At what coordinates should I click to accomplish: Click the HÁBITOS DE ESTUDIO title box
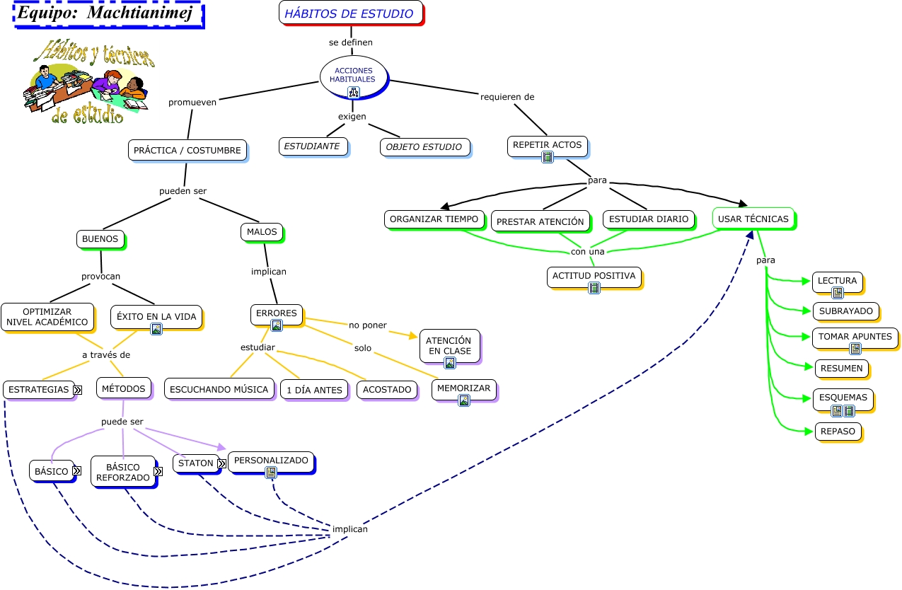351,13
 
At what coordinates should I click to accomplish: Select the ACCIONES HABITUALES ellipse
354,77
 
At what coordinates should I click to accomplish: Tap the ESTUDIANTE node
313,146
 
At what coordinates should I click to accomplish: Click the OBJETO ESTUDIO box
425,147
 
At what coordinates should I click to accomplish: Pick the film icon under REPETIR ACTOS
548,157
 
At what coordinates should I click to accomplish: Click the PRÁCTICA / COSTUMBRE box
187,151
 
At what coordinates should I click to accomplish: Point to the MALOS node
262,232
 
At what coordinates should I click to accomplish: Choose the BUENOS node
100,239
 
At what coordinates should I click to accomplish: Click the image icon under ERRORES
277,325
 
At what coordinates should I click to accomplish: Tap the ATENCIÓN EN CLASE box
450,346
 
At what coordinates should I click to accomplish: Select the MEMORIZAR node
464,390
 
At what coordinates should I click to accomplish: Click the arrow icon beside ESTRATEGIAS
78,390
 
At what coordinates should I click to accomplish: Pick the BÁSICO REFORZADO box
124,472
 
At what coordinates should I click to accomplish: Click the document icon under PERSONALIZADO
271,473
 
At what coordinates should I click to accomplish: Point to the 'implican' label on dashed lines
350,528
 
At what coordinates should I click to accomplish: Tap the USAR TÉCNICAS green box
754,219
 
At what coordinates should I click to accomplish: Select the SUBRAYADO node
846,311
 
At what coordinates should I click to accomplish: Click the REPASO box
838,432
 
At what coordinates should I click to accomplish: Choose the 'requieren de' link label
507,97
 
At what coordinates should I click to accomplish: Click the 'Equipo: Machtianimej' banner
108,14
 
